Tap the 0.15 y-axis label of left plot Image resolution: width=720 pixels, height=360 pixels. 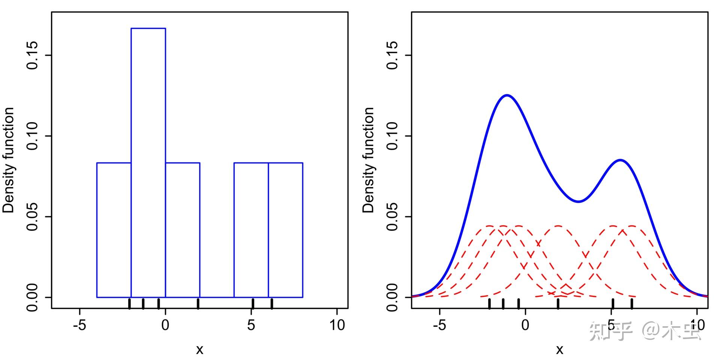tap(33, 55)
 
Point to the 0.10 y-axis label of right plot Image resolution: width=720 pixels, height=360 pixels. tap(393, 136)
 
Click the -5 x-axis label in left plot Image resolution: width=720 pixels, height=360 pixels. tap(79, 325)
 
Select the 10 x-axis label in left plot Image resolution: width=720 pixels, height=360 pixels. tap(337, 325)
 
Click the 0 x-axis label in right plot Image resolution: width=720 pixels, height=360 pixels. tap(525, 325)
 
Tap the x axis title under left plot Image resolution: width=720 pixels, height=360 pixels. tap(199, 349)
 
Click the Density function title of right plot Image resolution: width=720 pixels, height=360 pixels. tap(369, 160)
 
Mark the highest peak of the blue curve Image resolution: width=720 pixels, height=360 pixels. tap(507, 95)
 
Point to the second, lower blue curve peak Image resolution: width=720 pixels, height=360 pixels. tap(620, 160)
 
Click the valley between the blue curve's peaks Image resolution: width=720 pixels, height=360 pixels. tap(579, 201)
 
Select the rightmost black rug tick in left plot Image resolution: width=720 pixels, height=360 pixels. tap(271, 303)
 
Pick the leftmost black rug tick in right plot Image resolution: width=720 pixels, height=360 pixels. tap(489, 303)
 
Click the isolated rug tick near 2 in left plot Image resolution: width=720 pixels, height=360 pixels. tap(198, 303)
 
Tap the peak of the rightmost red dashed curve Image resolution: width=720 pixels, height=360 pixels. tap(632, 226)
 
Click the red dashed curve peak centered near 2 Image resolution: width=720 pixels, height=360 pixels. tap(558, 226)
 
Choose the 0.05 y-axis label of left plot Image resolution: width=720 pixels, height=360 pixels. tap(33, 217)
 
